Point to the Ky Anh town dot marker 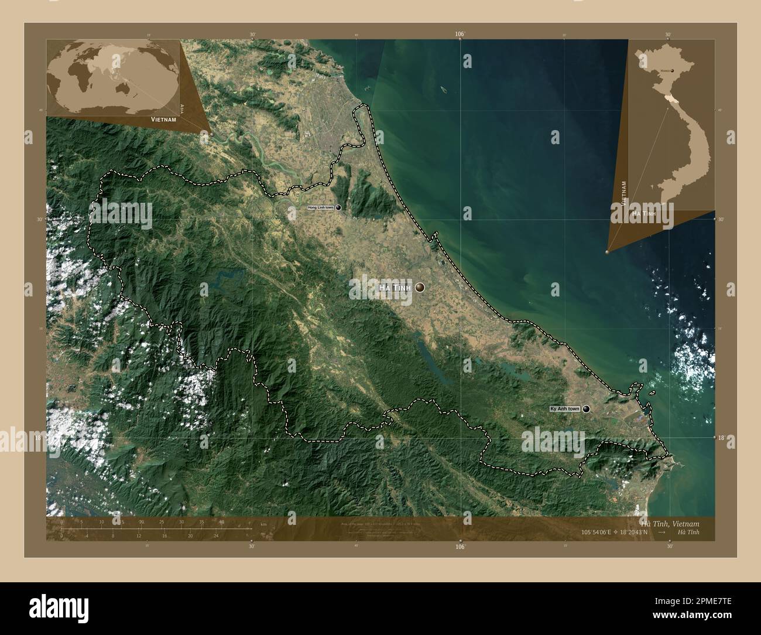[586, 409]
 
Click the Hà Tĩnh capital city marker [420, 287]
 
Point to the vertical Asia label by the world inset [183, 108]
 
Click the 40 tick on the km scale [221, 522]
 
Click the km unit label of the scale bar [263, 523]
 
